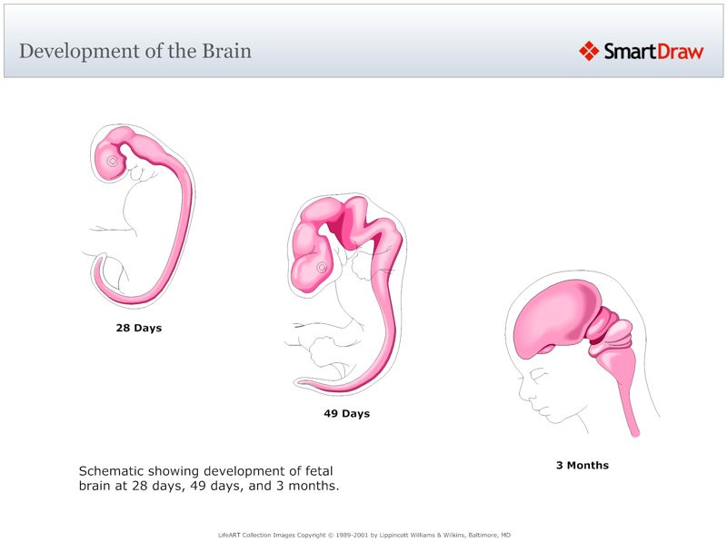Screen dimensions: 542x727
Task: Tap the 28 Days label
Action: click(138, 328)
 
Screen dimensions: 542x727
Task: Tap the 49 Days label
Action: click(346, 414)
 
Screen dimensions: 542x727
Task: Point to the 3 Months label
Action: click(582, 466)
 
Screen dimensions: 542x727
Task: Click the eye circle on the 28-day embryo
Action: click(113, 162)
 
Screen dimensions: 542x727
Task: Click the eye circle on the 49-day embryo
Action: click(321, 268)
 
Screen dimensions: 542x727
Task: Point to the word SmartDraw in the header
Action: click(652, 52)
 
